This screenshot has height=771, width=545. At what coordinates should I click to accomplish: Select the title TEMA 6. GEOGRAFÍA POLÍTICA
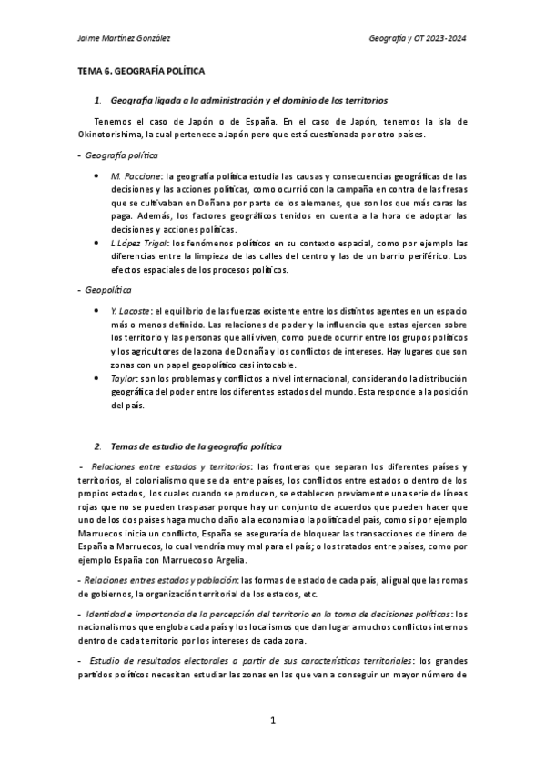140,69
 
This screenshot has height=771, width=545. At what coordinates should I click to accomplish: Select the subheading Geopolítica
106,288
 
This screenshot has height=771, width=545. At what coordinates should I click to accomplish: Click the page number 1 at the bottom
272,720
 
